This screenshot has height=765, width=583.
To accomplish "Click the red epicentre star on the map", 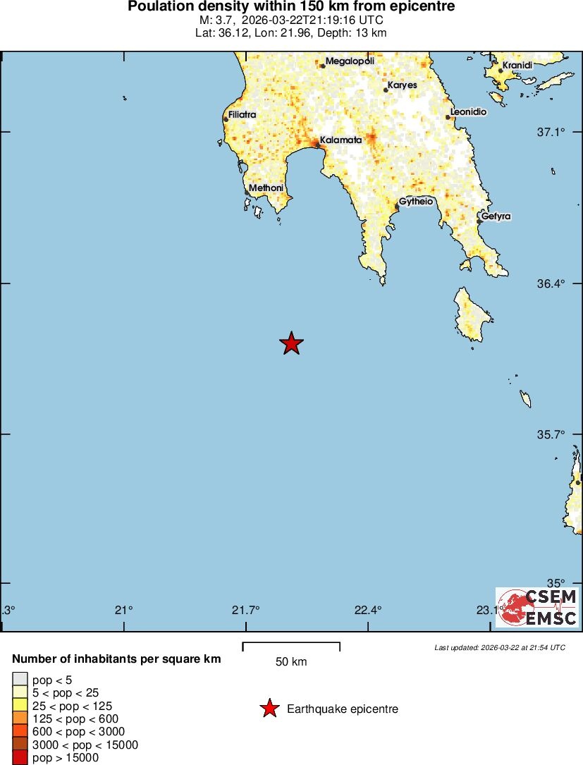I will [x=291, y=343].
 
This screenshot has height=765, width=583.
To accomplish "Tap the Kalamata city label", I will [x=340, y=140].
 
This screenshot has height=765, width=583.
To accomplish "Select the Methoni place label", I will [x=266, y=188].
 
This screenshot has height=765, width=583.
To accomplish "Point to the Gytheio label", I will [x=416, y=202].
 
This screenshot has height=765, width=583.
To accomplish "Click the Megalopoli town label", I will [x=350, y=61].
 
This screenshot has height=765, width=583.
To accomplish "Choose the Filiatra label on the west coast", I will [x=243, y=114].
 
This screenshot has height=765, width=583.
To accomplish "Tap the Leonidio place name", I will [x=468, y=112].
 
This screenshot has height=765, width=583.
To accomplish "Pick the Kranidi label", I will [x=517, y=66].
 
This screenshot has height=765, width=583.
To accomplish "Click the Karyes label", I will [x=403, y=85].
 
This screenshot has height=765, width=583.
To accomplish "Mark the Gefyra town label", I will [x=496, y=216].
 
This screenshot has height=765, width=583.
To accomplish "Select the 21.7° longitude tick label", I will [x=245, y=610].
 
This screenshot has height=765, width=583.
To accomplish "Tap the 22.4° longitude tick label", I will [x=368, y=610].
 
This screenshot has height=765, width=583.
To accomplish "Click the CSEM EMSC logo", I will [x=537, y=607].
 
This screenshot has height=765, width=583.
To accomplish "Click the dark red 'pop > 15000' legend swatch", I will [x=20, y=758].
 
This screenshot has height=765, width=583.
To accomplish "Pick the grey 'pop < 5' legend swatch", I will [x=20, y=679].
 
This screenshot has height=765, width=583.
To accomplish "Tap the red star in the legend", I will [x=269, y=709].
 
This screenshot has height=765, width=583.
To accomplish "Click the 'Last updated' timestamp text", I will [x=500, y=647].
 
